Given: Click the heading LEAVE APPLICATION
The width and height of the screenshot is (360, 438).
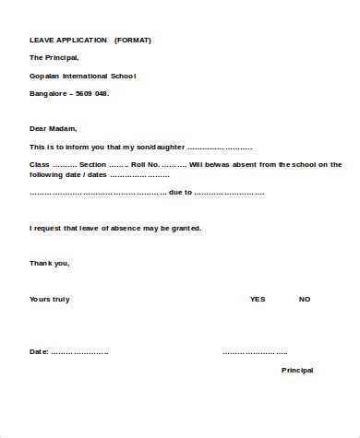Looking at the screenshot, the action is pyautogui.click(x=67, y=41).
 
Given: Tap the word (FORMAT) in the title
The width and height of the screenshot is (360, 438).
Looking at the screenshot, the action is pyautogui.click(x=133, y=41).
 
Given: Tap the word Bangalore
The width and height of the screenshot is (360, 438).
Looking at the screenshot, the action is pyautogui.click(x=48, y=93).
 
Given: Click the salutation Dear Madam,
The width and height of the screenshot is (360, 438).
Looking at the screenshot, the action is pyautogui.click(x=54, y=128).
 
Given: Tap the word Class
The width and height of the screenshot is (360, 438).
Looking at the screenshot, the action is pyautogui.click(x=40, y=164).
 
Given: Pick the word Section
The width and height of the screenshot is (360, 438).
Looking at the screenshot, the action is pyautogui.click(x=93, y=164).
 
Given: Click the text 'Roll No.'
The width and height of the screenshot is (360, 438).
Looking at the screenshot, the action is pyautogui.click(x=145, y=164).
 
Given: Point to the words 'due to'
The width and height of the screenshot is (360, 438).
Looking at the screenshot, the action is pyautogui.click(x=180, y=192).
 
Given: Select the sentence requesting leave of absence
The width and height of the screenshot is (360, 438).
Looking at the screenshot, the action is pyautogui.click(x=115, y=228).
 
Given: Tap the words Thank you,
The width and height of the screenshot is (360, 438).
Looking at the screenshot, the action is pyautogui.click(x=50, y=263).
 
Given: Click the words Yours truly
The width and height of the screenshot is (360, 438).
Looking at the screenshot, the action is pyautogui.click(x=50, y=299).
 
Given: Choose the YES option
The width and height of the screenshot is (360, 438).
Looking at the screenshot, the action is pyautogui.click(x=257, y=299).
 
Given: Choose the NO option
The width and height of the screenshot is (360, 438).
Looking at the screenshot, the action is pyautogui.click(x=305, y=299).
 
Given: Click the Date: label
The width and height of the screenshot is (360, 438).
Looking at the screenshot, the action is pyautogui.click(x=39, y=352).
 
